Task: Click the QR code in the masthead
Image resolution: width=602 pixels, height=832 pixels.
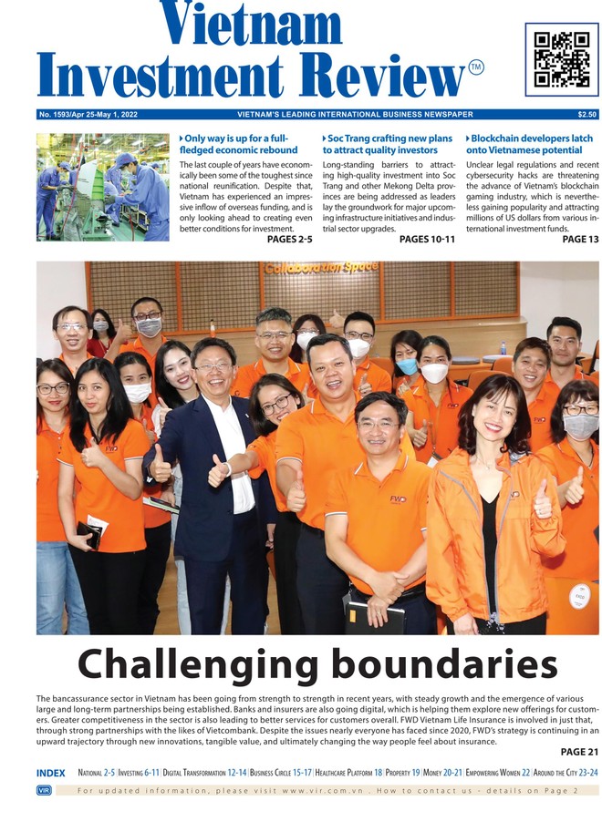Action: pos(561,59)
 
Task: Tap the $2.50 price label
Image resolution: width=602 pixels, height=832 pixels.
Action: pos(586,115)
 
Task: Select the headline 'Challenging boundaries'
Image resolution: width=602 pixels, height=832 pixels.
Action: pos(317,664)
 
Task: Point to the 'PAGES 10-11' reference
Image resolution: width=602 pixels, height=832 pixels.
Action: pos(427,240)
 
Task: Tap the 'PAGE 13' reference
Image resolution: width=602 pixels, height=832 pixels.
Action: pos(580,240)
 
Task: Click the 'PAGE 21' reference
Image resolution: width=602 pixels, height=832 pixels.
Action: pos(579,752)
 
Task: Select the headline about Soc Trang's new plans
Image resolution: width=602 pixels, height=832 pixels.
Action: pos(388,144)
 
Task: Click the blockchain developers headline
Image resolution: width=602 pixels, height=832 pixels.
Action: pos(529,144)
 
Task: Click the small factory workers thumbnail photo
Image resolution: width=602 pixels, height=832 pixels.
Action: pos(102,187)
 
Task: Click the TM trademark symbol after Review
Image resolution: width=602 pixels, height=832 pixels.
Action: pos(476,67)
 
